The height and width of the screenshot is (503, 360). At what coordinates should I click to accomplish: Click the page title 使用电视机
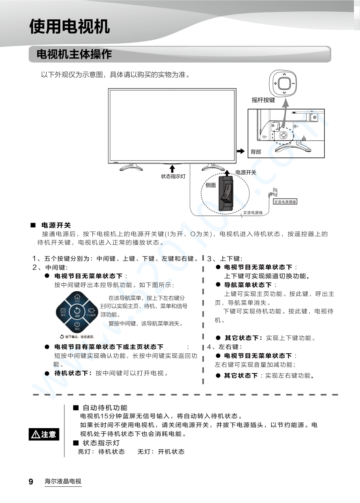(x=70, y=27)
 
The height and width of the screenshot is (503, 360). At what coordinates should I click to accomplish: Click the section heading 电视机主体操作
(x=74, y=54)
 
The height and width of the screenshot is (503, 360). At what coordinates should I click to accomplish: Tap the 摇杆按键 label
(x=263, y=100)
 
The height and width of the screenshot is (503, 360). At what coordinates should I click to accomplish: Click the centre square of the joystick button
(x=284, y=84)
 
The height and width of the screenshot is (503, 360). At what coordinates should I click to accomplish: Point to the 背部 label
(x=256, y=152)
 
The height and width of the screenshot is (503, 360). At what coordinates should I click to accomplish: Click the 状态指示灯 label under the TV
(x=173, y=176)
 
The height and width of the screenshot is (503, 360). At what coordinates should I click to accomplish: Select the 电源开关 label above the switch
(x=246, y=172)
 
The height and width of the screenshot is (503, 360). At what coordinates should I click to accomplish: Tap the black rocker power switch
(x=226, y=193)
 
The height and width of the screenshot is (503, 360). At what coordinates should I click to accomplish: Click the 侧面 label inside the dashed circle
(x=211, y=185)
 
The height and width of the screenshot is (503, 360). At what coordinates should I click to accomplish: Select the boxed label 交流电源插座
(x=285, y=201)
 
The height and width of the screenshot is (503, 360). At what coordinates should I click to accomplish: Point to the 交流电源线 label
(x=253, y=212)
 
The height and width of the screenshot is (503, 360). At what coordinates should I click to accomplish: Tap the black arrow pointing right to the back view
(x=241, y=151)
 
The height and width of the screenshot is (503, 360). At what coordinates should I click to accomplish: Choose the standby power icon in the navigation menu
(x=77, y=325)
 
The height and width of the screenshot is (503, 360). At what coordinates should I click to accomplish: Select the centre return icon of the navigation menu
(x=77, y=312)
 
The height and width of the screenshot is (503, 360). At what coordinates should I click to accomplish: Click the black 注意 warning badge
(x=44, y=434)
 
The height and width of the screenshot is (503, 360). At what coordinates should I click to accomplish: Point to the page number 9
(x=31, y=482)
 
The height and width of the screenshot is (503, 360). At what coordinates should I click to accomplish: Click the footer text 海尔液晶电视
(x=63, y=482)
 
